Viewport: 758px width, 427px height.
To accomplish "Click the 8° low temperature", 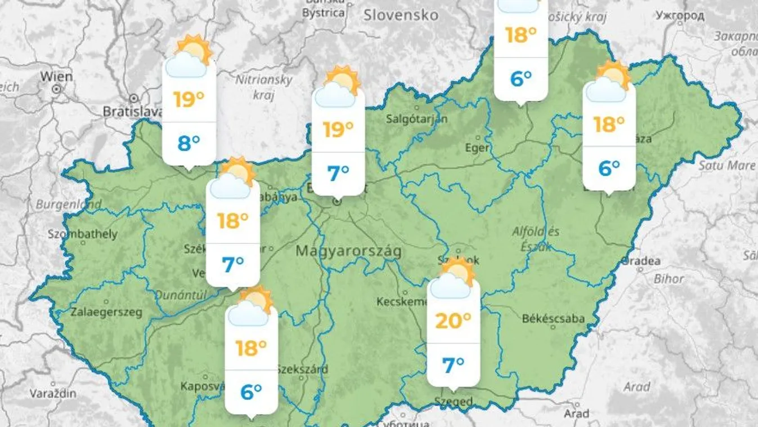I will tap(189, 144).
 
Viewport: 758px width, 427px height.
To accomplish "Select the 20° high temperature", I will tap(453, 321).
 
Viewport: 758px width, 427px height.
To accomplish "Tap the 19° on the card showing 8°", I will tap(189, 100).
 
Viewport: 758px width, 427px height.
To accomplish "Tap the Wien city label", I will tap(56, 77).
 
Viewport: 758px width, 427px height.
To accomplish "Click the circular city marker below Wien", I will tap(56, 89).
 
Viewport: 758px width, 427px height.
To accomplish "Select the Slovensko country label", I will tap(400, 15).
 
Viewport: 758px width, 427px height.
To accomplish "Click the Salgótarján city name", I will tap(417, 118).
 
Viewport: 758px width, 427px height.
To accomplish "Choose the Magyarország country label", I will tap(349, 251).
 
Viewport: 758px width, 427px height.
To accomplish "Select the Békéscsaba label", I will tap(553, 319).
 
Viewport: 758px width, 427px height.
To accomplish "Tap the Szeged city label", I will tap(454, 402).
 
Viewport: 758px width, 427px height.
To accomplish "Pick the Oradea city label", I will tap(642, 261).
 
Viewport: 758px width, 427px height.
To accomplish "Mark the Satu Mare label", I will tap(726, 166).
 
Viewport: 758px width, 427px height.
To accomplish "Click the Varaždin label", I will tap(53, 393).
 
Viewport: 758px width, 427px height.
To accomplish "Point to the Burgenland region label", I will tap(69, 204).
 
